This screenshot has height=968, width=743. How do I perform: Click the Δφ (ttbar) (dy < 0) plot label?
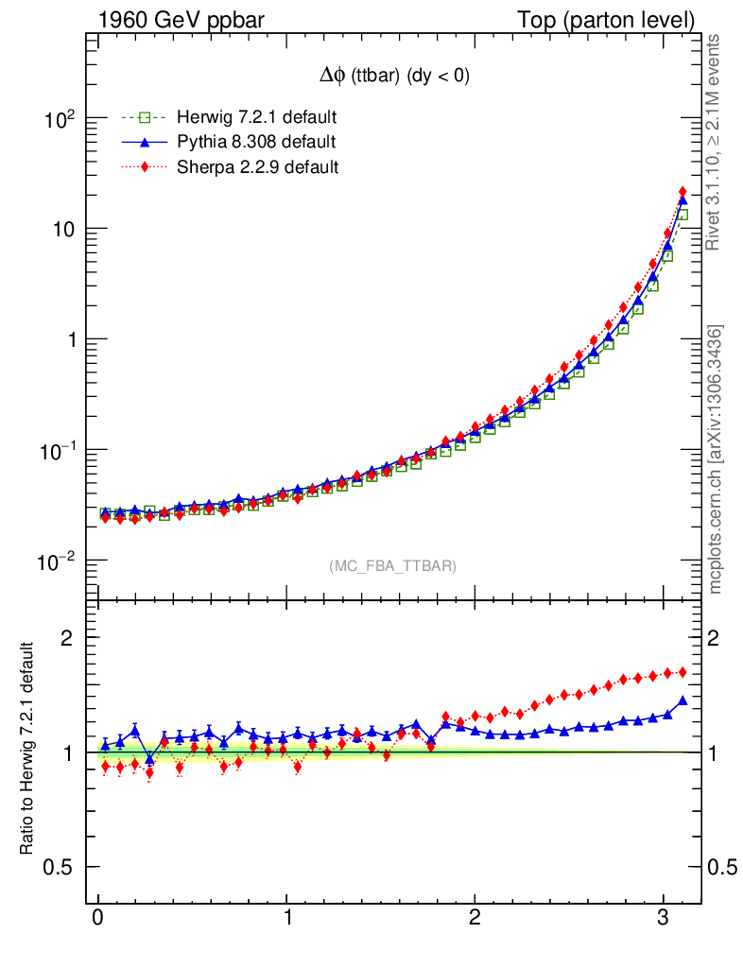click(393, 77)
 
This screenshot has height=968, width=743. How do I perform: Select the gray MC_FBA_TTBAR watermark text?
click(393, 565)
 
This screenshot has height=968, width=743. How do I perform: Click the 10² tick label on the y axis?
click(60, 119)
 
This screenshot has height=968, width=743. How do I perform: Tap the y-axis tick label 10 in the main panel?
click(62, 230)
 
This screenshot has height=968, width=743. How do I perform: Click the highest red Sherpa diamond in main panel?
click(683, 193)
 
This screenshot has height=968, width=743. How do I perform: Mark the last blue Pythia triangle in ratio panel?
click(683, 700)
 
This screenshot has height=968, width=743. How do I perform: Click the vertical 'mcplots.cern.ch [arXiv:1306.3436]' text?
click(717, 459)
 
